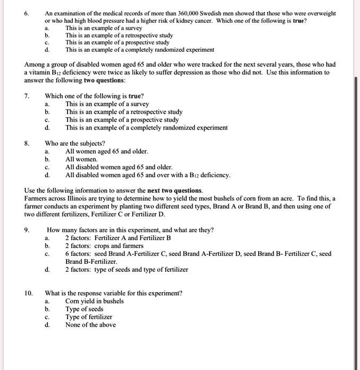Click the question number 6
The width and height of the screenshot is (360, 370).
(x=27, y=13)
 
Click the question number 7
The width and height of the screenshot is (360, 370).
(x=27, y=96)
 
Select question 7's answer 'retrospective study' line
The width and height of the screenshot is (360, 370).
(x=124, y=112)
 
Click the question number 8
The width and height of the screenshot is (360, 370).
(x=27, y=143)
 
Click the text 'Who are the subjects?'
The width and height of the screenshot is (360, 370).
(x=74, y=143)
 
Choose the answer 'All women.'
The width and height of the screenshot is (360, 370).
(x=81, y=159)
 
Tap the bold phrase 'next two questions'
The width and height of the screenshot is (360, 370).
(x=174, y=190)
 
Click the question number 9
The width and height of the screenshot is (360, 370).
(x=27, y=230)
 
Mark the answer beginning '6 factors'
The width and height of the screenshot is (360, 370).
(x=198, y=254)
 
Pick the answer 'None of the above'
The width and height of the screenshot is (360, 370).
(x=90, y=325)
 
